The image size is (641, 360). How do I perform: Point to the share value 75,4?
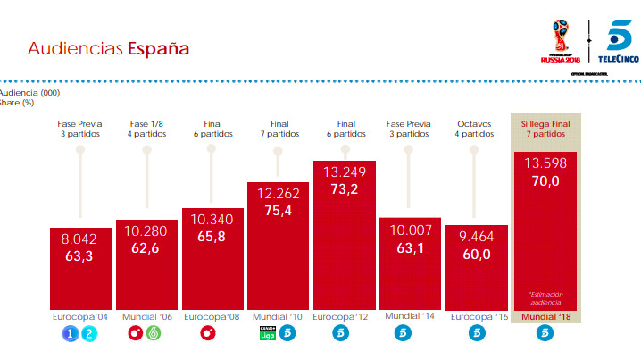coord(278,211)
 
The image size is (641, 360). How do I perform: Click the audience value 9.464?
coord(476,238)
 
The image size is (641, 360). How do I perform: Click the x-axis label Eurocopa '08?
coord(212,317)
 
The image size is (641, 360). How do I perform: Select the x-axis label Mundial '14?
coord(410,317)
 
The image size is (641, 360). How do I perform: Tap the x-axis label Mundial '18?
coord(545,317)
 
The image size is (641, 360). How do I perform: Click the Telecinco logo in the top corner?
coord(619,41)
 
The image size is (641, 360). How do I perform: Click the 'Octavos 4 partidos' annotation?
coord(476,129)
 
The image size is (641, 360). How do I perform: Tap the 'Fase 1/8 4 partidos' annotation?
coord(146,129)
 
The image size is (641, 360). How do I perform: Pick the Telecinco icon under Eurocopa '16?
coord(476,335)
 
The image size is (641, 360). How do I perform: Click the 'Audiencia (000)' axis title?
coord(30,92)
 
